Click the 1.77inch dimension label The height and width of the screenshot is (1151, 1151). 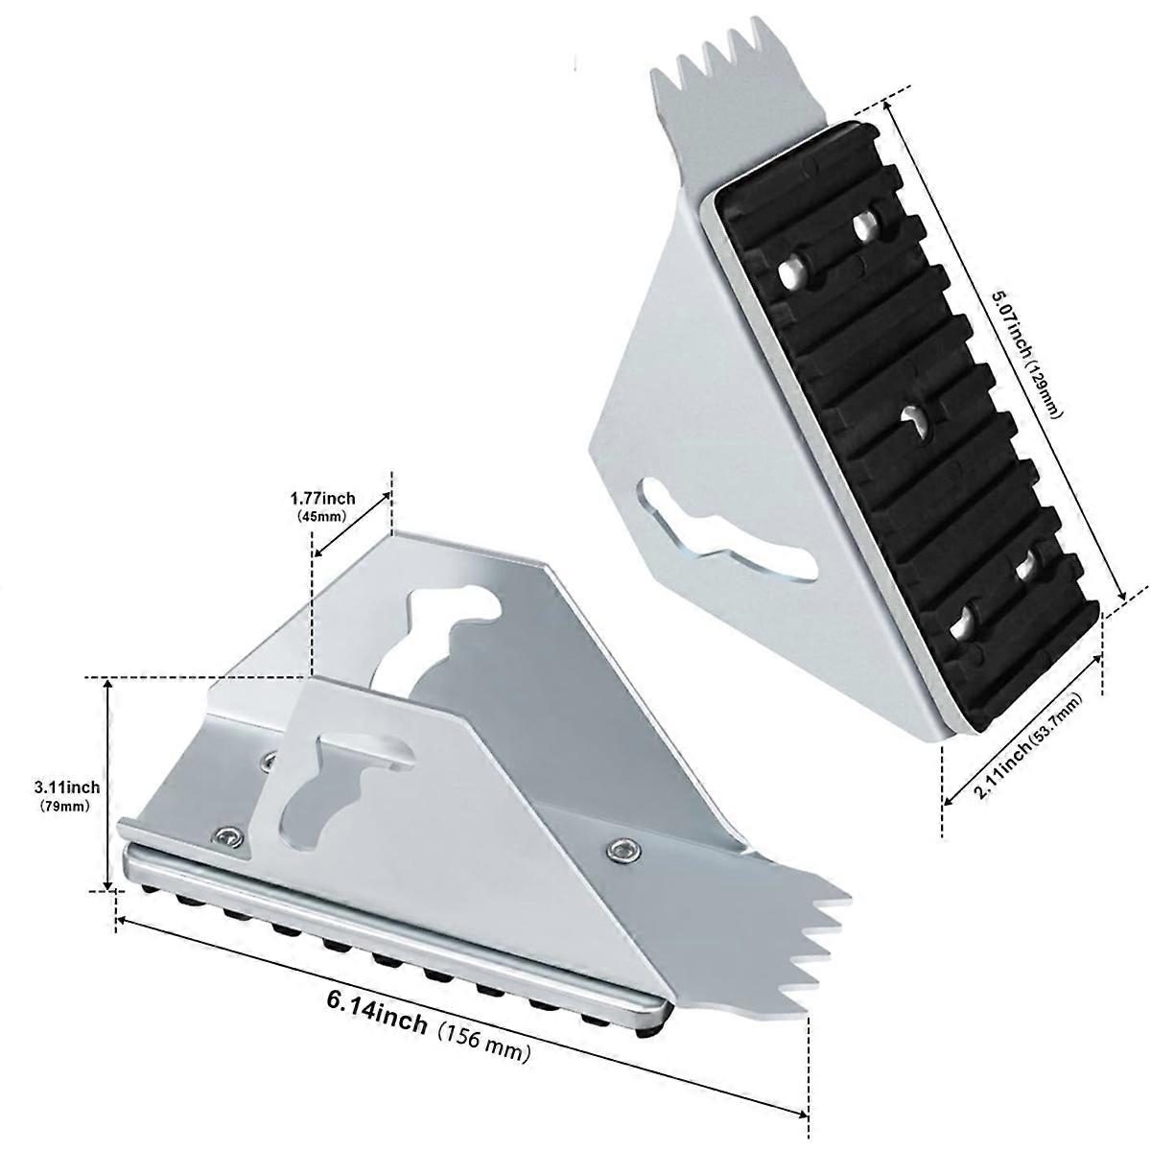(x=322, y=498)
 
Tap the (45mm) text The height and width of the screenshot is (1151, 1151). (x=322, y=516)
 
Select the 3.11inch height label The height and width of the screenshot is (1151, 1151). (x=67, y=787)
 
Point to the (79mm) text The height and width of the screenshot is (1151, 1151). (x=66, y=806)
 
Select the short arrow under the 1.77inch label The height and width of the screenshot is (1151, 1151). (x=352, y=525)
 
